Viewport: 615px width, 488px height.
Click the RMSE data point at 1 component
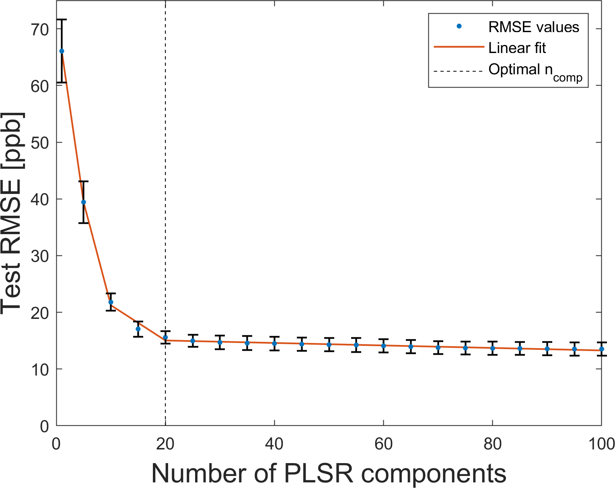click(x=62, y=51)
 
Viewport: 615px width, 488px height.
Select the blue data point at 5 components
click(x=83, y=202)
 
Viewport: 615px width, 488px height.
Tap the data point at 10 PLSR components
click(x=111, y=302)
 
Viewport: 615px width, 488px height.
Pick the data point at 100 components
click(x=601, y=349)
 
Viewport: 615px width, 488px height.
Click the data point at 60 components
click(x=383, y=345)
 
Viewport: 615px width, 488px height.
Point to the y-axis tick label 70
click(x=39, y=29)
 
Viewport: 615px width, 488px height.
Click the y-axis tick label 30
click(x=39, y=256)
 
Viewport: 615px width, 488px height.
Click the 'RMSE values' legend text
click(x=534, y=27)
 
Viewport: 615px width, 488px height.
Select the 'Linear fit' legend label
click(x=517, y=48)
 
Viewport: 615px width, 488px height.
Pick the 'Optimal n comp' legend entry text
click(x=535, y=71)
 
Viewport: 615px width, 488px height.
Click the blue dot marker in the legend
click(x=459, y=27)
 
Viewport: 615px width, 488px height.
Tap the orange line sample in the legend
click(x=459, y=47)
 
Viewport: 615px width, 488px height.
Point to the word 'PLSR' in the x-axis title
click(x=318, y=474)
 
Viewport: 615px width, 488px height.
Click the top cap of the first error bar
click(x=62, y=19)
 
